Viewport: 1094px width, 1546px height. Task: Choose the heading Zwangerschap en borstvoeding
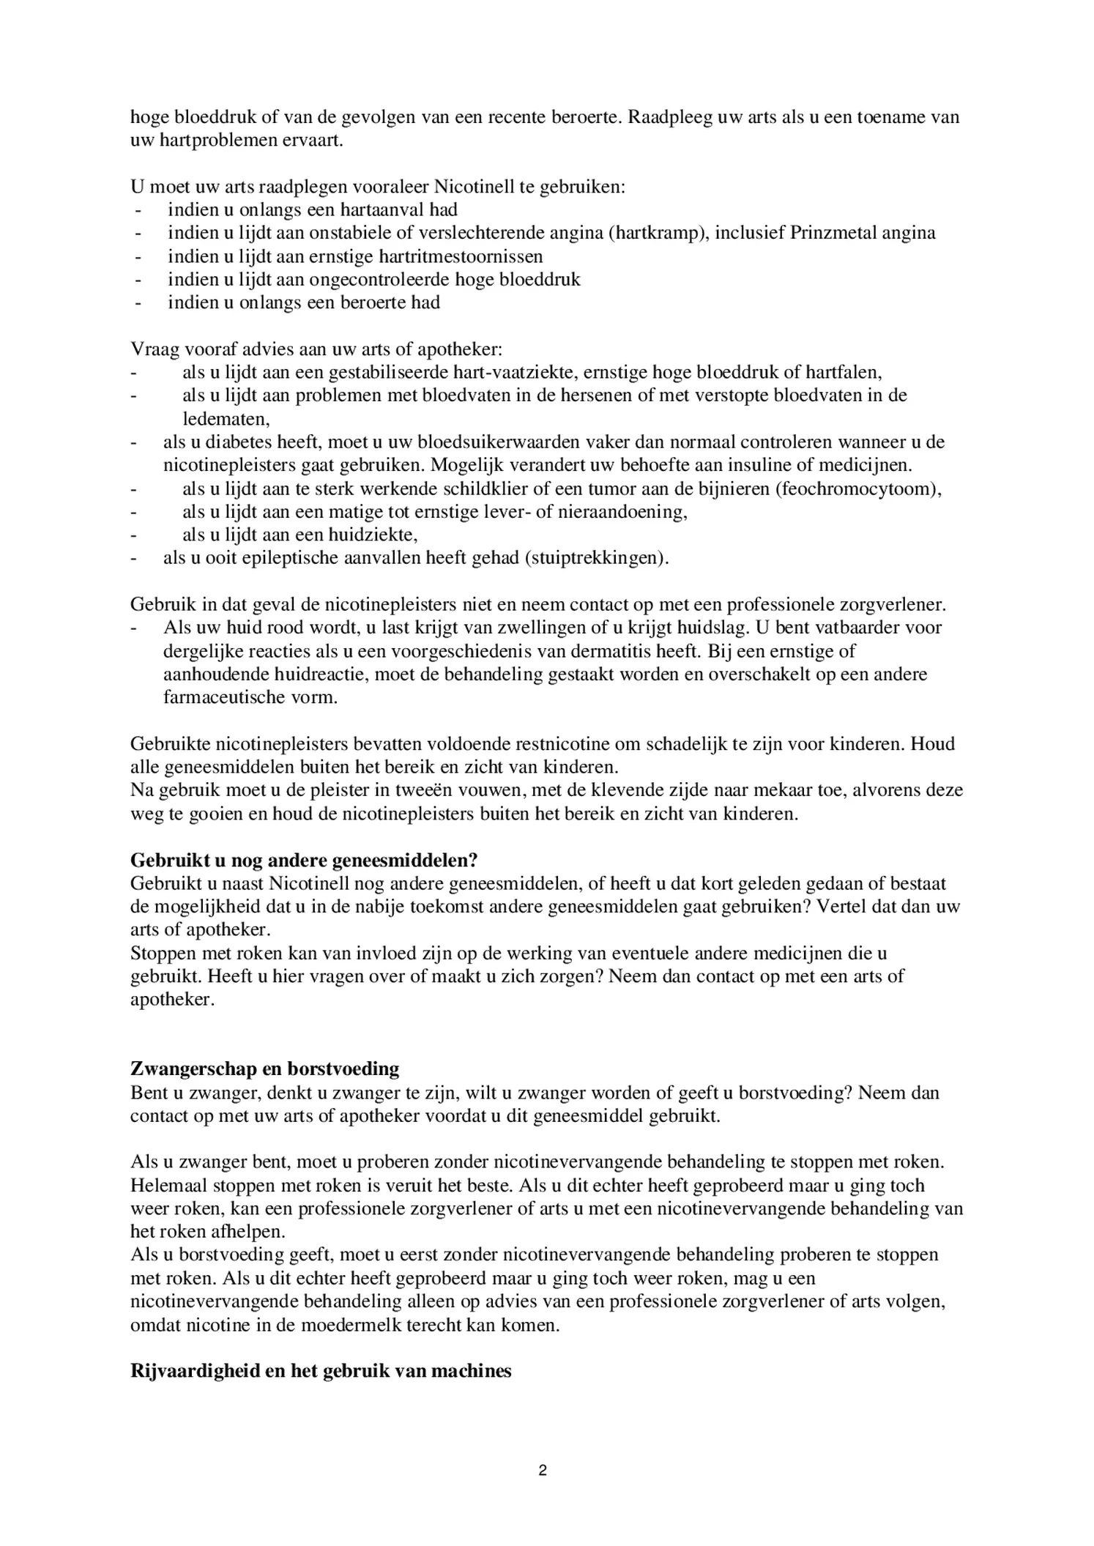tap(264, 1069)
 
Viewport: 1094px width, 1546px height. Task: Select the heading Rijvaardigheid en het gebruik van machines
tap(321, 1371)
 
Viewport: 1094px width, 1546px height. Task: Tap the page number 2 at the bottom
tap(543, 1471)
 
